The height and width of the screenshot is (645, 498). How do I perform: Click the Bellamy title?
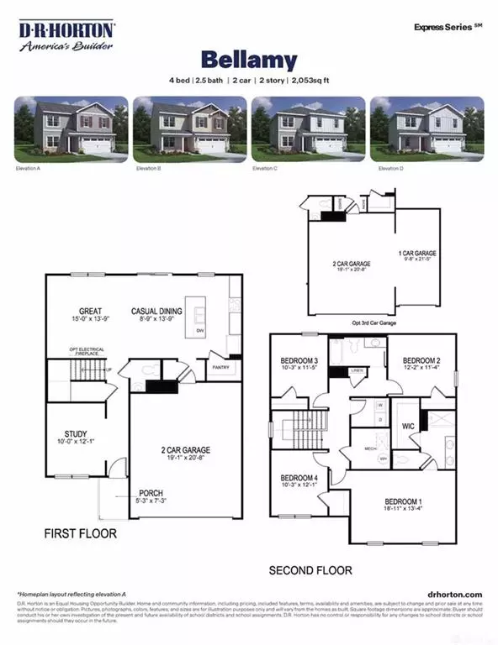[248, 60]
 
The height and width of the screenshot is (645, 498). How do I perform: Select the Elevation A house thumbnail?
[72, 129]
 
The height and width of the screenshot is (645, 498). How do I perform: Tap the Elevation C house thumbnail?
[308, 129]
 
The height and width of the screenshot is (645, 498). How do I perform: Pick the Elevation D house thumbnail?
[426, 129]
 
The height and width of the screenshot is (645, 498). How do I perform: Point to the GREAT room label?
[90, 311]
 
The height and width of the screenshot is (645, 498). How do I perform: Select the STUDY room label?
[76, 435]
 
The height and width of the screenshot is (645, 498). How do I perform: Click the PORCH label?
[151, 493]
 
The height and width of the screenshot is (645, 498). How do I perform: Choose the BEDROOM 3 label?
[299, 360]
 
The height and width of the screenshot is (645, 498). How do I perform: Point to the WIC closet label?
[409, 426]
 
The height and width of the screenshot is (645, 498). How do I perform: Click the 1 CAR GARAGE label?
[417, 252]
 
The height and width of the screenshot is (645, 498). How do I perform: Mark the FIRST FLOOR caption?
[81, 533]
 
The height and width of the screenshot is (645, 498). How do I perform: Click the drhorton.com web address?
[455, 593]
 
